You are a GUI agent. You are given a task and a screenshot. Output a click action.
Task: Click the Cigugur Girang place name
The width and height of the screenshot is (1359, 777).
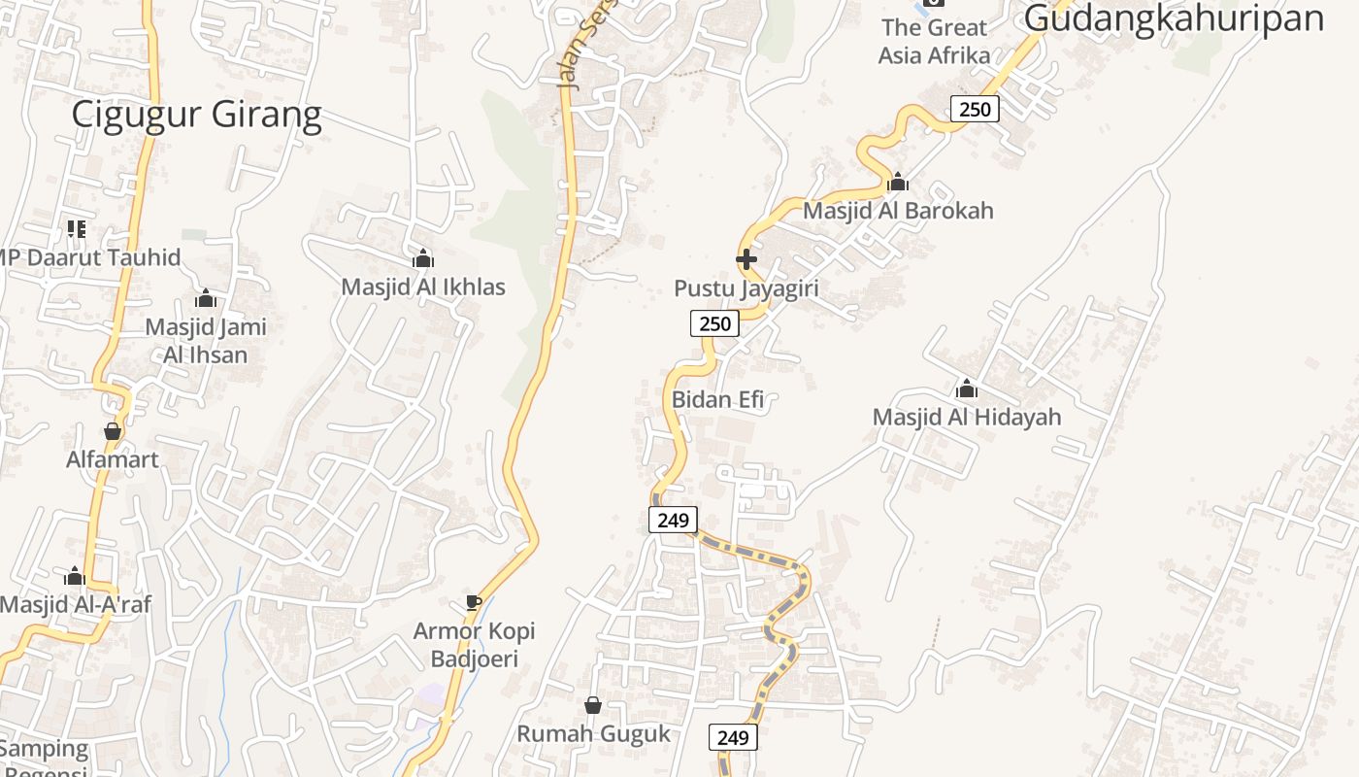(196, 116)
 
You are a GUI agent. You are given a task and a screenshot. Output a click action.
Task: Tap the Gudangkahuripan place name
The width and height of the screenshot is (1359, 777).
(1174, 17)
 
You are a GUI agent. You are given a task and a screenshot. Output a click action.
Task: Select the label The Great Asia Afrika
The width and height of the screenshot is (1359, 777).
(934, 41)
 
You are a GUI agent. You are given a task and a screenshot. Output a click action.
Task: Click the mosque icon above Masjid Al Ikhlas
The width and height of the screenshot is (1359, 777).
(423, 259)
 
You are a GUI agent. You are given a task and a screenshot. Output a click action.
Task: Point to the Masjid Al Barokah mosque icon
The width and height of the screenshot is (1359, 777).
(898, 182)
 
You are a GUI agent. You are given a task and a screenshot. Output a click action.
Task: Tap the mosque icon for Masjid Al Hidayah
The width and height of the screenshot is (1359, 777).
(966, 389)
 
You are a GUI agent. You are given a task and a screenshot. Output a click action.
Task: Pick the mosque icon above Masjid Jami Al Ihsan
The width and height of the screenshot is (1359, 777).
(206, 298)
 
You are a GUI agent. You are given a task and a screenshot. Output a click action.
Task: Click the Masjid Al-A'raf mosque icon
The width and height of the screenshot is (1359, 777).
(75, 576)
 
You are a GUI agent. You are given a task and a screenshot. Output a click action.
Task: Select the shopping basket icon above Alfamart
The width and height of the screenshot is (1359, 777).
(113, 431)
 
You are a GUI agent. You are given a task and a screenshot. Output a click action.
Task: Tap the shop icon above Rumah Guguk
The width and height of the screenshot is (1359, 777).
(593, 705)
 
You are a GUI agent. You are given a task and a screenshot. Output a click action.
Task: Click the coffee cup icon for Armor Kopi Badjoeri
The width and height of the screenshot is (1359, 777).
(474, 603)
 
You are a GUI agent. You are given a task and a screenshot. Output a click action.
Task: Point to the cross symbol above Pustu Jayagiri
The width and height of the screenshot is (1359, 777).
(746, 259)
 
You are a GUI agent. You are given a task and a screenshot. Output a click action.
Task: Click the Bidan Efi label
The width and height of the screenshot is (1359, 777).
(717, 399)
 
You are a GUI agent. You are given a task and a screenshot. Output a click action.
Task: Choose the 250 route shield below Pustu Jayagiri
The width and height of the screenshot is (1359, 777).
(714, 323)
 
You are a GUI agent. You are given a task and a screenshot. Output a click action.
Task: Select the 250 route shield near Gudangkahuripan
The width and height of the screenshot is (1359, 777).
(975, 109)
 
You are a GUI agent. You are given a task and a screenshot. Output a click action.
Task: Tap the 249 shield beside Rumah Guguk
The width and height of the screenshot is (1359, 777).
(733, 738)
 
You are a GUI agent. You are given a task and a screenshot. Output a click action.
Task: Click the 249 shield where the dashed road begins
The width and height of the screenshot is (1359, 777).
(673, 520)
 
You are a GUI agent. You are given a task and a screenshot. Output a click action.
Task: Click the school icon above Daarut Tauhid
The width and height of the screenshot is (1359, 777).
(77, 229)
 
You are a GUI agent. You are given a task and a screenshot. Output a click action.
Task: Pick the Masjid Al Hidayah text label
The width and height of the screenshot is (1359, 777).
(967, 417)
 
